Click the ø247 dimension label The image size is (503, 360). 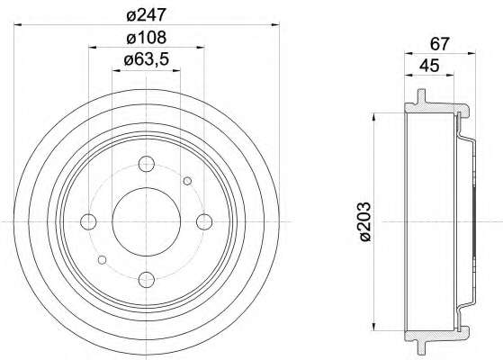pos(147,14)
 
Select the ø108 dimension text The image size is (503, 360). pos(147,38)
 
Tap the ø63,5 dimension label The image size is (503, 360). pos(147,59)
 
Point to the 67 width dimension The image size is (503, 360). pos(439,44)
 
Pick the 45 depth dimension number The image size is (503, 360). pos(429,66)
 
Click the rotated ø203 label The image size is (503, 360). pos(365,221)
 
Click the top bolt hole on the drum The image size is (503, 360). pos(147,164)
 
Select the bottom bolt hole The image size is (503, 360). pos(147,280)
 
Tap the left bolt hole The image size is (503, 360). pos(88,221)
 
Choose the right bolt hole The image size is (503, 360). pos(204,221)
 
